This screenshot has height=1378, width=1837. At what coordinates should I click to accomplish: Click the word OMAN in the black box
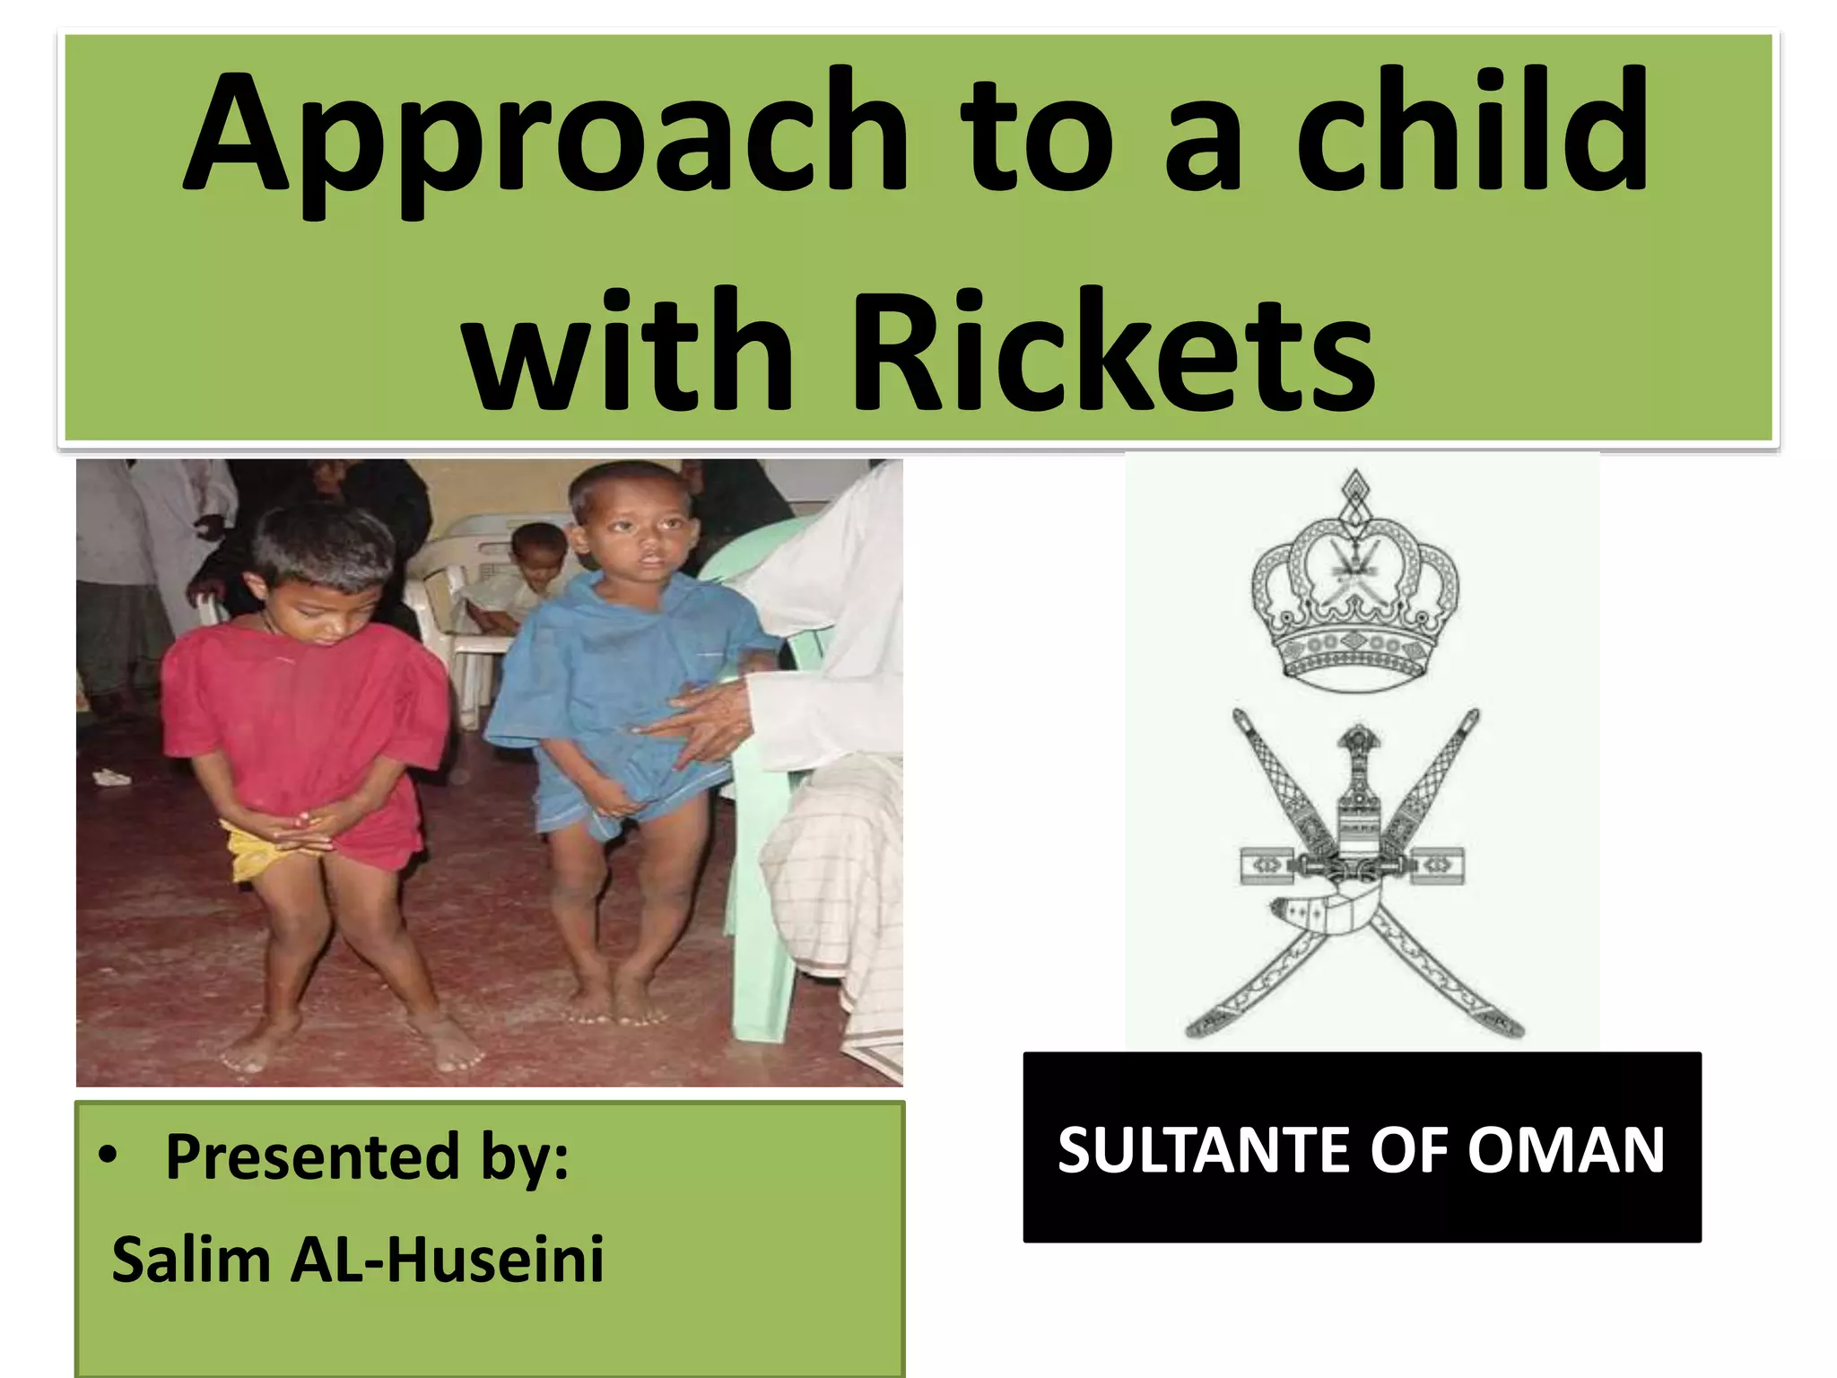1565,1150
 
